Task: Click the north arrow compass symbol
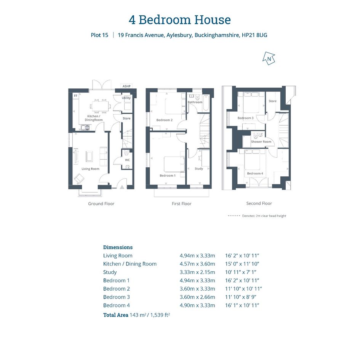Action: point(269,58)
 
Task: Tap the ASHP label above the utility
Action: point(126,86)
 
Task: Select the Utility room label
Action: point(126,98)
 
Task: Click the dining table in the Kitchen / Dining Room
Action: point(100,106)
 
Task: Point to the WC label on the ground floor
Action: point(127,160)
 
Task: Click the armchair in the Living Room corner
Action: point(79,179)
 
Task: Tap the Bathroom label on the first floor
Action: point(195,102)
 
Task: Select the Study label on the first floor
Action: point(199,168)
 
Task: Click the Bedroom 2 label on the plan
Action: point(165,120)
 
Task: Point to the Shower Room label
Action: point(261,142)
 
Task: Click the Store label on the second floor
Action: point(272,101)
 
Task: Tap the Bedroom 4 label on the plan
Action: point(255,173)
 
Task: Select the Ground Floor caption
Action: point(101,204)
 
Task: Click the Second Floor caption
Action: point(259,203)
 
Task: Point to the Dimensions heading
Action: point(118,247)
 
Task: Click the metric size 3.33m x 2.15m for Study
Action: point(197,272)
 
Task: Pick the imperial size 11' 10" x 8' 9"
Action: point(241,297)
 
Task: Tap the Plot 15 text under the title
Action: point(99,35)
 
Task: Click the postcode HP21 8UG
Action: point(254,35)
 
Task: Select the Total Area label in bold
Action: point(116,315)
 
